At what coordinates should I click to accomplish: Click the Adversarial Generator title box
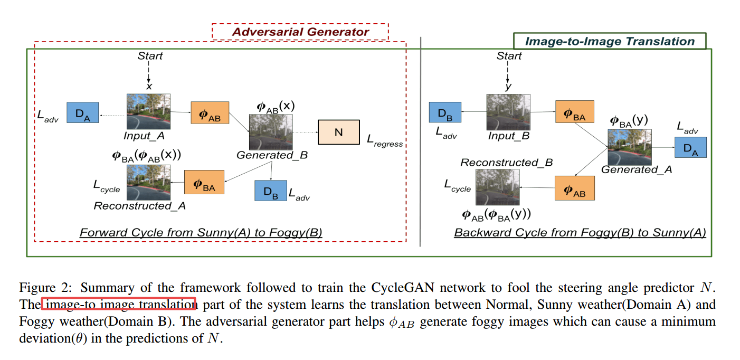click(300, 32)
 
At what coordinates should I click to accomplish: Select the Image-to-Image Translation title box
click(610, 41)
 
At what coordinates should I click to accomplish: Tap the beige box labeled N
click(338, 132)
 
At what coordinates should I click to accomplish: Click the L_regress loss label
click(385, 140)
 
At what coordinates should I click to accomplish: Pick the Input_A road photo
click(148, 112)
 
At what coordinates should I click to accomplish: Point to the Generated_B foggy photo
click(271, 132)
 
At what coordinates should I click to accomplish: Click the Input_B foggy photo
click(508, 112)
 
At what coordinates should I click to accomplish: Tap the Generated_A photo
click(629, 147)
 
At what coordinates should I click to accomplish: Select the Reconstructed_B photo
click(498, 187)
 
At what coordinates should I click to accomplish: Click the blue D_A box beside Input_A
click(82, 113)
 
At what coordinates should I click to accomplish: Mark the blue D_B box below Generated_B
click(270, 191)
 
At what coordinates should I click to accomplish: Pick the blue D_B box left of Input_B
click(445, 112)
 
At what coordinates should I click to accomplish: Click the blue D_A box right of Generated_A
click(690, 147)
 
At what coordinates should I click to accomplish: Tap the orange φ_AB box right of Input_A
click(210, 112)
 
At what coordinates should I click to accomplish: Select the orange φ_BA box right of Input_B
click(575, 112)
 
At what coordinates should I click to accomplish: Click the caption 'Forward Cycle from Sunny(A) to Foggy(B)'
click(201, 232)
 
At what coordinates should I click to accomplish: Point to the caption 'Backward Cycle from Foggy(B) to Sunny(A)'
click(580, 232)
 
